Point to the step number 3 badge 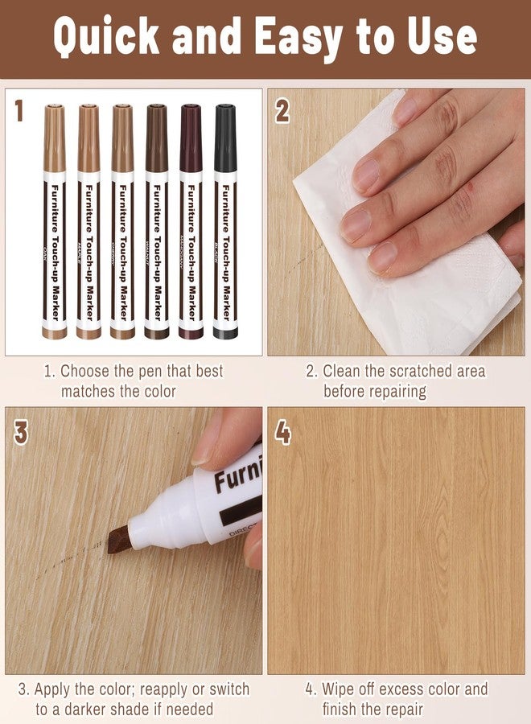point(20,432)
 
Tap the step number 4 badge point(282,432)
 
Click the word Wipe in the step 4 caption point(340,689)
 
